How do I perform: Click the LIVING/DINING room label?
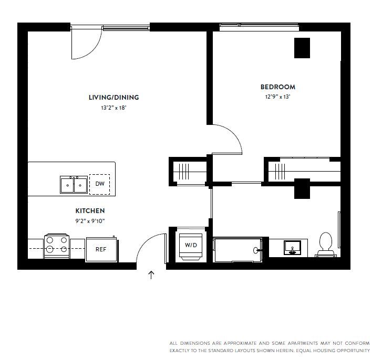click(113, 97)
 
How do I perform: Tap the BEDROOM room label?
click(277, 87)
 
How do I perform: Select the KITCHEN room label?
click(93, 210)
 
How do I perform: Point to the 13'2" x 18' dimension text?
click(113, 108)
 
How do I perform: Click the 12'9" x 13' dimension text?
click(277, 97)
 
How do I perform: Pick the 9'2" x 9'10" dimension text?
click(93, 220)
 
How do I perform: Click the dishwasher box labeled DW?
click(99, 184)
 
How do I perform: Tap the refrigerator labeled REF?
click(101, 249)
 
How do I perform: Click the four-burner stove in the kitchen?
click(56, 246)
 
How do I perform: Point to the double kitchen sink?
click(73, 185)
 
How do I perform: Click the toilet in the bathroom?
click(326, 245)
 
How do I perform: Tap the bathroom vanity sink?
click(293, 247)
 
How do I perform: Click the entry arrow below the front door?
click(151, 275)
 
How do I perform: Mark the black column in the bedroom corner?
click(302, 48)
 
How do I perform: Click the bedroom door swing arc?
click(231, 137)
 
